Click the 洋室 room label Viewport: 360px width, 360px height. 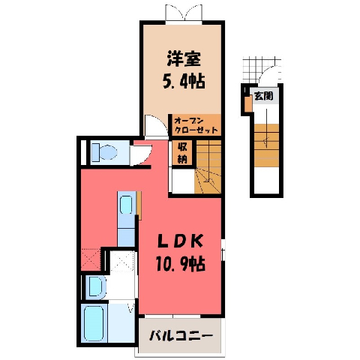coord(184,59)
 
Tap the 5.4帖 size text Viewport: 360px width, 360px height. coord(184,81)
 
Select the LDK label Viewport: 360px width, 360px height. coord(180,241)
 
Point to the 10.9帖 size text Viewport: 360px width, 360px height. coord(181,264)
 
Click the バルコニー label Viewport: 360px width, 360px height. coord(181,336)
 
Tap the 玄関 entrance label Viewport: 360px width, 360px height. coord(263,96)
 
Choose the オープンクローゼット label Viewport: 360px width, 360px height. coord(196,125)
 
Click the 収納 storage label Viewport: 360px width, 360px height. coord(182,153)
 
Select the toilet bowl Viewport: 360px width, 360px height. coord(104,152)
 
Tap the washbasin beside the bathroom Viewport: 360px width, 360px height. coord(95,287)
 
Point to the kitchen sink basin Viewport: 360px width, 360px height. coord(126,205)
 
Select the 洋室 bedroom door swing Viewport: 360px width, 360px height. coord(156,126)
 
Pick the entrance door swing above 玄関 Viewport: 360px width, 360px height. coord(271,74)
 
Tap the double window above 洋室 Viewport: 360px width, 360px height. coord(184,13)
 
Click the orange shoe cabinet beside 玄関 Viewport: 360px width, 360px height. coord(248,103)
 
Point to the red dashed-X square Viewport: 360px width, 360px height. coord(91,259)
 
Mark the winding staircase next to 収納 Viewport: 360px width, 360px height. coord(208,166)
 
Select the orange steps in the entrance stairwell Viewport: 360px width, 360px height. coord(266,145)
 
